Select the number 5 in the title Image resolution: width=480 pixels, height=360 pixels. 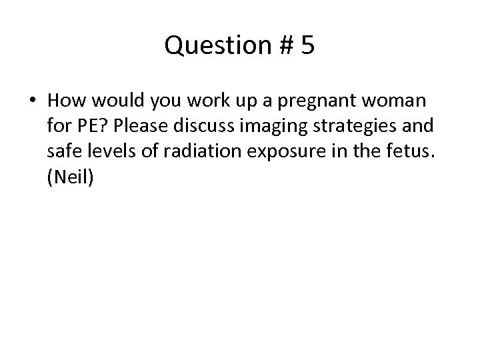[x=307, y=47]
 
